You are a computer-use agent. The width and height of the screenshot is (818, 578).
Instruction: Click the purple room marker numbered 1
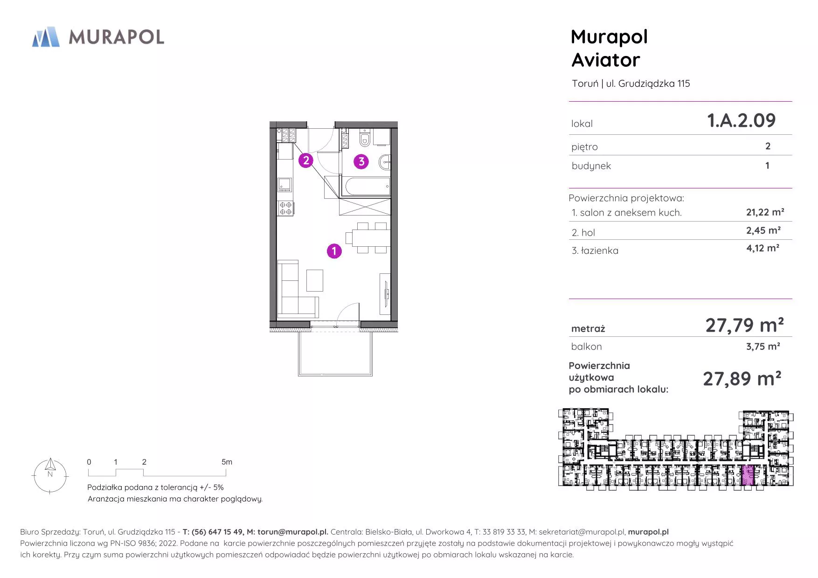[x=334, y=251]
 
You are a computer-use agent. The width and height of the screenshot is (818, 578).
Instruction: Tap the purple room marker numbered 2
[x=305, y=160]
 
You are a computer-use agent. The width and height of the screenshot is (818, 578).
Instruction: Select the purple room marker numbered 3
[x=361, y=162]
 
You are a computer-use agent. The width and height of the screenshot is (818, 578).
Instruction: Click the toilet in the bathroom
[x=365, y=139]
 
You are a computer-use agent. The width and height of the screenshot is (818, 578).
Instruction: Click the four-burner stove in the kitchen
[x=286, y=208]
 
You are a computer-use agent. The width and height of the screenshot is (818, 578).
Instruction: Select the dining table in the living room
[x=371, y=238]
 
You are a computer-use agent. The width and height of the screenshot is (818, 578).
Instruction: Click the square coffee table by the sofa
[x=315, y=280]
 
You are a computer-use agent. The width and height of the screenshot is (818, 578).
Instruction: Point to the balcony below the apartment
[x=335, y=353]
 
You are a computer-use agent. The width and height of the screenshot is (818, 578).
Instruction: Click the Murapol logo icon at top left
[x=46, y=37]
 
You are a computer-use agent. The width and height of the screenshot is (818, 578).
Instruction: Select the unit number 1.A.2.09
[x=741, y=120]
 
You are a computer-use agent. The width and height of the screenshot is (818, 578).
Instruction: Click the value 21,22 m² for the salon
[x=765, y=212]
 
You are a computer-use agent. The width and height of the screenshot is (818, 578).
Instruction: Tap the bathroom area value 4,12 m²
[x=763, y=248]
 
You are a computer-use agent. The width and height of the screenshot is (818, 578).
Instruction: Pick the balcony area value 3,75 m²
[x=763, y=347]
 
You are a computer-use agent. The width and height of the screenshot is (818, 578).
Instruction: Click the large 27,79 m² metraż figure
[x=744, y=325]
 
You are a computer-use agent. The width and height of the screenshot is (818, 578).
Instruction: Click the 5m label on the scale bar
[x=227, y=462]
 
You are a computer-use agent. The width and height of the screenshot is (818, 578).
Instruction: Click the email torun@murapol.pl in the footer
[x=293, y=532]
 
